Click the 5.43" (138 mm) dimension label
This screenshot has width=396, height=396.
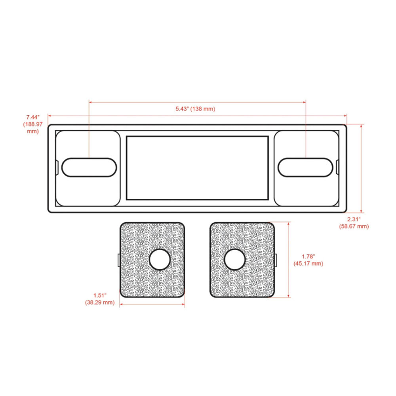coord(196,109)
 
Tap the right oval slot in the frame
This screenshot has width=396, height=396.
coord(305,167)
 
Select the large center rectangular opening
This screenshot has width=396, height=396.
coord(197,168)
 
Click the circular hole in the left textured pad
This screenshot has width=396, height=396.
coord(160,260)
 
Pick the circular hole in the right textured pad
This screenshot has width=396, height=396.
coord(234,260)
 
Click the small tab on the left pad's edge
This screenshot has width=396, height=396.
coord(119,260)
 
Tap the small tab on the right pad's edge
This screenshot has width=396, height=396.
coord(275,260)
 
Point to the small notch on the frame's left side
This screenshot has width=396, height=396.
coord(57,167)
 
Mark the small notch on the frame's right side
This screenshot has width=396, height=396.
coord(337,167)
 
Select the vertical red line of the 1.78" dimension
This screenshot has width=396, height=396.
coord(289,260)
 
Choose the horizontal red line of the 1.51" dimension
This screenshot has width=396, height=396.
coord(152,304)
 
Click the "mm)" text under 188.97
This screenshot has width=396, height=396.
coord(32,131)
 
